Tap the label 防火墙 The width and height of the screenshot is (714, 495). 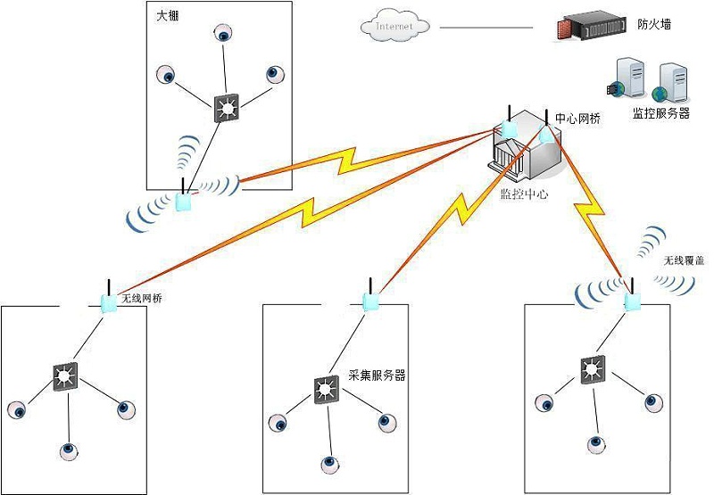click(x=653, y=25)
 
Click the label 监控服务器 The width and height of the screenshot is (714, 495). click(x=660, y=113)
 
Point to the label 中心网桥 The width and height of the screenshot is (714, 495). click(x=577, y=118)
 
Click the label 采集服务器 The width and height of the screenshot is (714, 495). click(x=376, y=375)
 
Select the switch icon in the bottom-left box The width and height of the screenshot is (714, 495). click(x=65, y=377)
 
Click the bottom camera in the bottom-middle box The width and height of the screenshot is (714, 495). click(x=330, y=464)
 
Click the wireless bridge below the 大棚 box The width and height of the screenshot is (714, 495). click(x=184, y=201)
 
